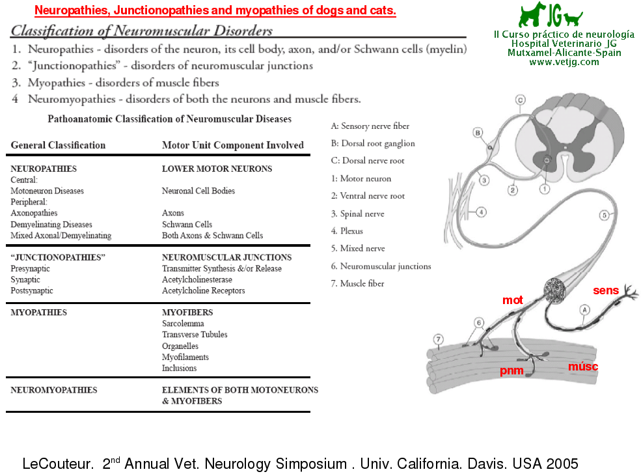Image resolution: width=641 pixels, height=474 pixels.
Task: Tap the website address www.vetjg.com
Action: pyautogui.click(x=564, y=62)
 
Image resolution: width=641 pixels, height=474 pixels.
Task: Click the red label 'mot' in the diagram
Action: pyautogui.click(x=513, y=300)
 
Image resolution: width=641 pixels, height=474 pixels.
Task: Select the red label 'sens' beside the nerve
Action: pyautogui.click(x=605, y=290)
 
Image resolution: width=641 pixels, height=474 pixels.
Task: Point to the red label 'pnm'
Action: pyautogui.click(x=511, y=370)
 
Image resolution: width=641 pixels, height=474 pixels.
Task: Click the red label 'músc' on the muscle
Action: pyautogui.click(x=582, y=367)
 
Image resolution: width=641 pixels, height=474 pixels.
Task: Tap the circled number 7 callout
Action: pyautogui.click(x=439, y=339)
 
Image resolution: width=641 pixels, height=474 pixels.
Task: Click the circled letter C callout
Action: pyautogui.click(x=520, y=100)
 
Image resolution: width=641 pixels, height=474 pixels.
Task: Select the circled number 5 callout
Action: pyautogui.click(x=603, y=214)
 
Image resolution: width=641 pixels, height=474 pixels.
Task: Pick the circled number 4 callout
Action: pyautogui.click(x=481, y=211)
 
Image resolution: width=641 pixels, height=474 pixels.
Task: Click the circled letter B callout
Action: pyautogui.click(x=478, y=133)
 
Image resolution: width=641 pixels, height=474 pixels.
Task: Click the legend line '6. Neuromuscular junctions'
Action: pyautogui.click(x=381, y=266)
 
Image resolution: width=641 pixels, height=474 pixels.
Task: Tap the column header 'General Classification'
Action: pyautogui.click(x=58, y=145)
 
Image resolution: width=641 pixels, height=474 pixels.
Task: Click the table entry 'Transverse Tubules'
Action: pyautogui.click(x=195, y=335)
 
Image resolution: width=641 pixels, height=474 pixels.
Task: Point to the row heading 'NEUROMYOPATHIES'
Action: pyautogui.click(x=54, y=390)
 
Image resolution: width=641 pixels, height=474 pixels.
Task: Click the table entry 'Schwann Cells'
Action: pyautogui.click(x=187, y=224)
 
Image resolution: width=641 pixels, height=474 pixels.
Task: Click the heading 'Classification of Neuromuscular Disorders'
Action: pyautogui.click(x=141, y=31)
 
